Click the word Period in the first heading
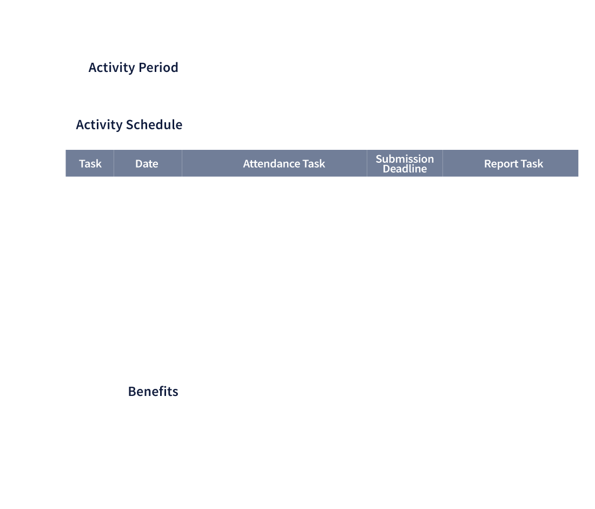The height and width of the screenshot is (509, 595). [158, 68]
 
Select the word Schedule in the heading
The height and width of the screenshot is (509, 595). [154, 124]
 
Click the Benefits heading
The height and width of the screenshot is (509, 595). [153, 391]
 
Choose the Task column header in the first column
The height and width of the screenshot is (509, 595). [90, 163]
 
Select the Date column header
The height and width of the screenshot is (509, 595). [148, 163]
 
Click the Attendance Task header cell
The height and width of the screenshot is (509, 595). [274, 163]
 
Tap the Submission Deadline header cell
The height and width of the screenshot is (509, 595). [405, 163]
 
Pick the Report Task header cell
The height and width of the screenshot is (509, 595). [511, 163]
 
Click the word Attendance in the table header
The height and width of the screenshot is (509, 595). [272, 163]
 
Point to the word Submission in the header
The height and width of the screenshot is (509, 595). [405, 158]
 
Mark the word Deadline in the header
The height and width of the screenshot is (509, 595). [405, 169]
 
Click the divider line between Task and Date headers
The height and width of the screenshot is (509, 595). [114, 163]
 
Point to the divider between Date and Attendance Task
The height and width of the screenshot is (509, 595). [182, 163]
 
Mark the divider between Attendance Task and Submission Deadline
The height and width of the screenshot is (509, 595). [367, 163]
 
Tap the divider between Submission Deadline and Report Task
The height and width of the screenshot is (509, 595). [442, 163]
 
